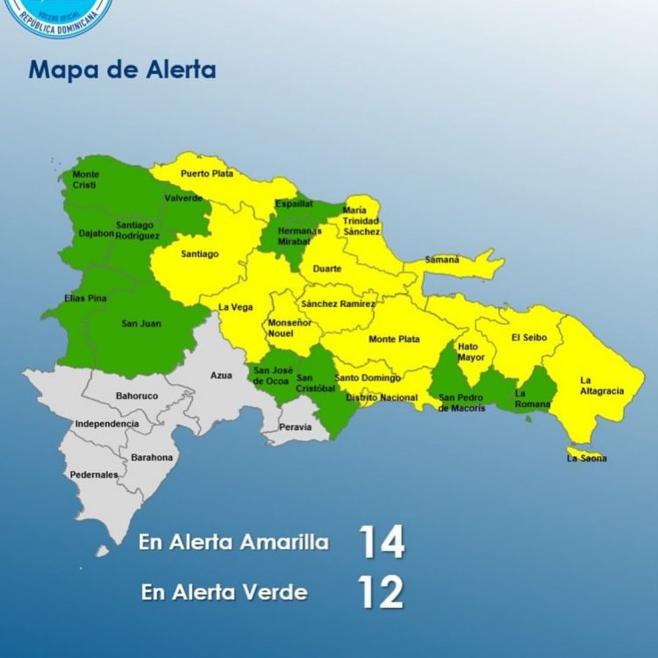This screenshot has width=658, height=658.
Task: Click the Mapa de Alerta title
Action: click(122, 70)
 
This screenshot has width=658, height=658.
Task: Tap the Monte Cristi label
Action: click(85, 180)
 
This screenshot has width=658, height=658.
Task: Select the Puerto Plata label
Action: click(207, 174)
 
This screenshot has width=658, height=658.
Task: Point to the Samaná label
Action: click(442, 260)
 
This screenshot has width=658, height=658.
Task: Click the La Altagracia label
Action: click(597, 386)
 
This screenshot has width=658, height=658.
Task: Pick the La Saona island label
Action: click(586, 458)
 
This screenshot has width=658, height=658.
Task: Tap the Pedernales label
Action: click(94, 475)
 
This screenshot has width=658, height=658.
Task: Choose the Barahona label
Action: click(152, 457)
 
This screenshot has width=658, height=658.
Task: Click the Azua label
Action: click(221, 375)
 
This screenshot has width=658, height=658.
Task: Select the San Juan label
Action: click(141, 324)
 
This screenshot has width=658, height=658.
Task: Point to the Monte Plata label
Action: click(394, 340)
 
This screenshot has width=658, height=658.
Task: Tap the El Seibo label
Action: click(529, 337)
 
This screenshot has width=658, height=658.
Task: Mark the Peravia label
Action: click(296, 427)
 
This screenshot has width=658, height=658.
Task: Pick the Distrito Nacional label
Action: click(382, 397)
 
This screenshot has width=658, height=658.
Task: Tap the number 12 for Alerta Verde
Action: click(382, 593)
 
